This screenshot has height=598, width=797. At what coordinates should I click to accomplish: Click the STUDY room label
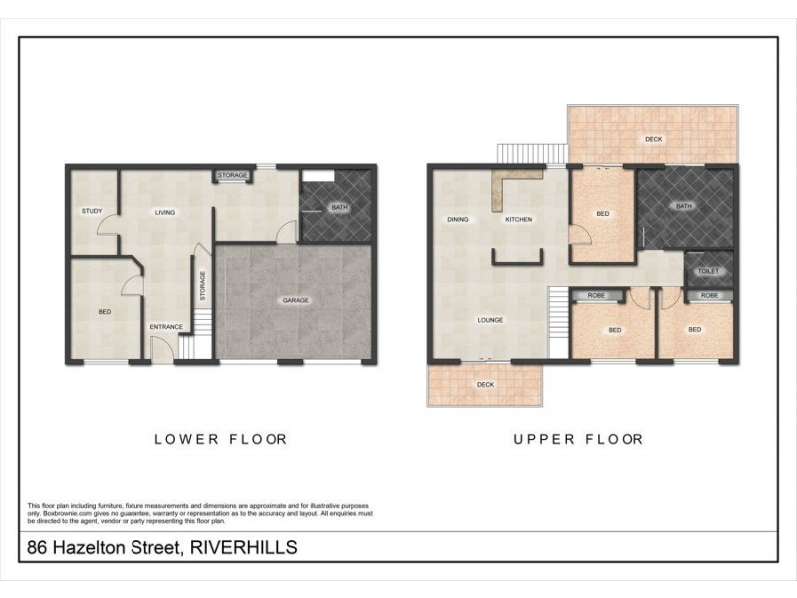(x=92, y=211)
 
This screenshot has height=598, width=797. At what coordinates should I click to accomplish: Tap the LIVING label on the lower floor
(x=164, y=212)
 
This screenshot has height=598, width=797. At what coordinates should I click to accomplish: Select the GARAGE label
(x=294, y=300)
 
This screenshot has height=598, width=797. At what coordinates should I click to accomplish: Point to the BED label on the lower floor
(x=104, y=312)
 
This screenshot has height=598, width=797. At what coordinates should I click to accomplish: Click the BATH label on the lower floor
(x=339, y=208)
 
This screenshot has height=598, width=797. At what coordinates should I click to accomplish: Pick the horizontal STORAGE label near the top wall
(x=233, y=176)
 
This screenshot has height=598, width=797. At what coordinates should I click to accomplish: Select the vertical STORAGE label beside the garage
(x=203, y=286)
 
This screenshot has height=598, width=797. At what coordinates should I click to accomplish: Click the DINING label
(x=458, y=219)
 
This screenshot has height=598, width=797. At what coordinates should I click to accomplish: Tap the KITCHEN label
(x=519, y=219)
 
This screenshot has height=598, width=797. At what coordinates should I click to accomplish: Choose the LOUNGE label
(x=489, y=320)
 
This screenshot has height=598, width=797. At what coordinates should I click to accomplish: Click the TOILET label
(x=709, y=270)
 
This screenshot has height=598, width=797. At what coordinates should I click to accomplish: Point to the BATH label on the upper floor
(x=683, y=207)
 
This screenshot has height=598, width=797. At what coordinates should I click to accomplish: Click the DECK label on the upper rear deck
(x=653, y=139)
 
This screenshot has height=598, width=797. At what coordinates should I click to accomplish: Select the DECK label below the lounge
(x=485, y=384)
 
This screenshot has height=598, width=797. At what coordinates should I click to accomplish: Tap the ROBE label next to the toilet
(x=709, y=296)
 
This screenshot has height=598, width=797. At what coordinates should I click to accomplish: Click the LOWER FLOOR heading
(x=220, y=439)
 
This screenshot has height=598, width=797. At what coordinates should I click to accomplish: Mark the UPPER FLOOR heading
(x=578, y=439)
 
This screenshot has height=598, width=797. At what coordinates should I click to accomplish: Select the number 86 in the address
(x=37, y=548)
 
